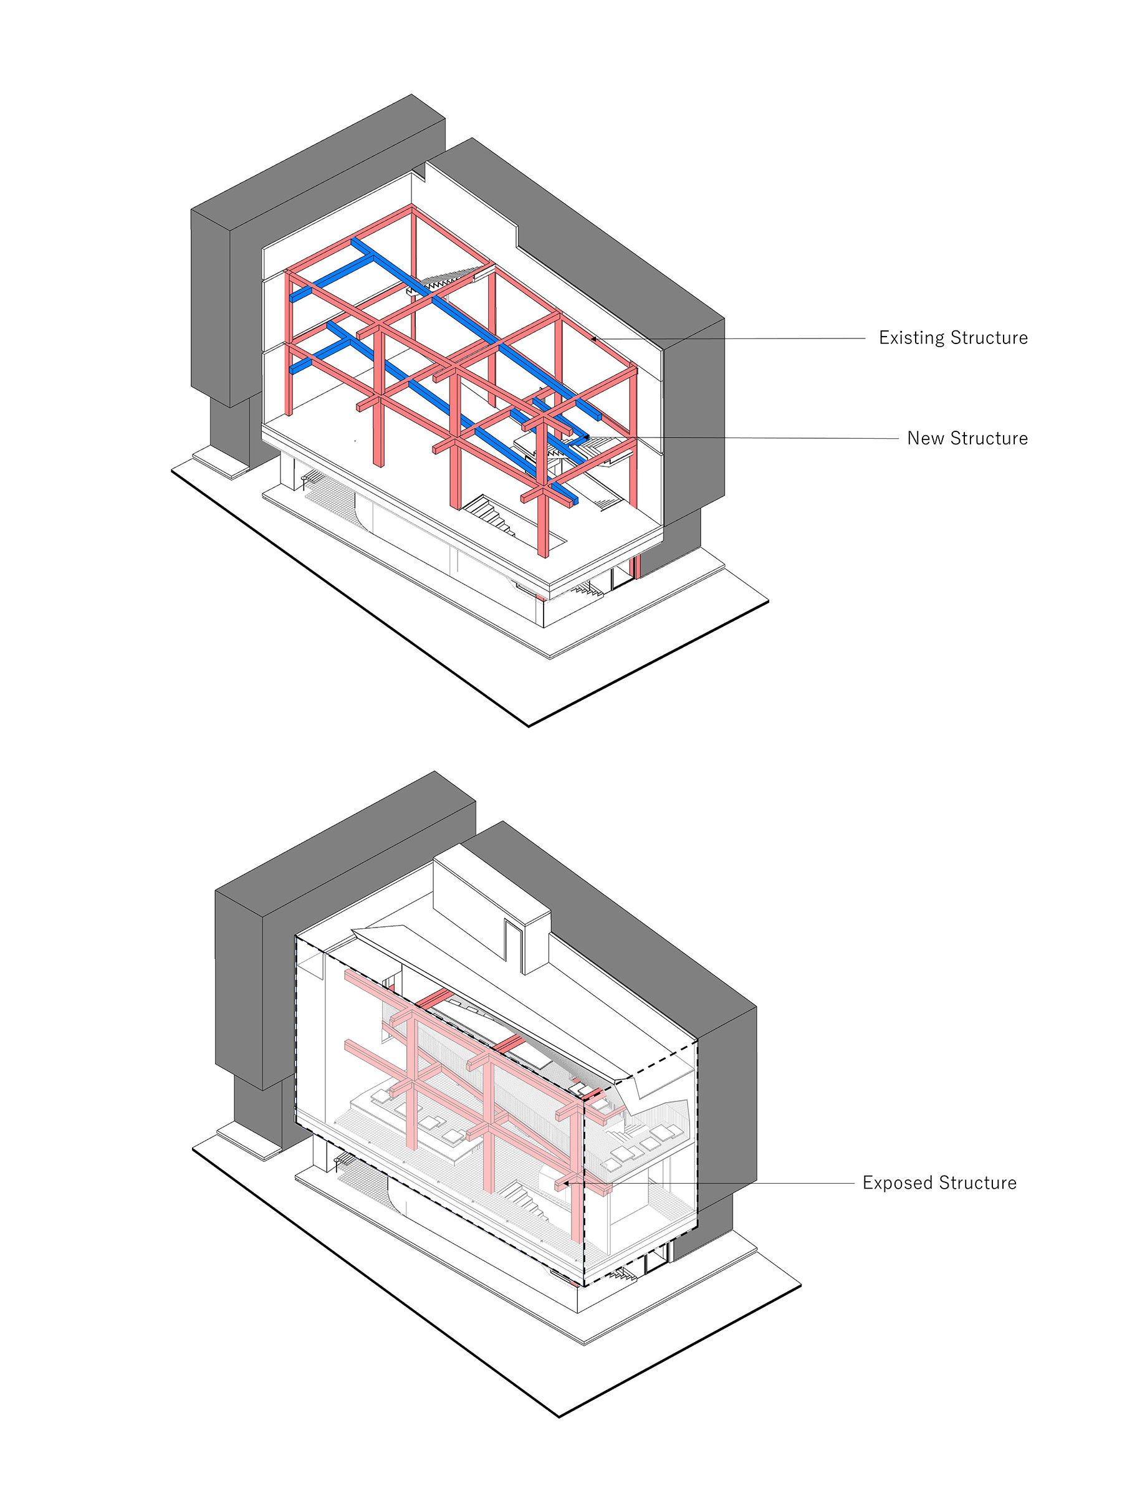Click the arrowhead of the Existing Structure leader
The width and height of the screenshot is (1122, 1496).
point(594,337)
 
